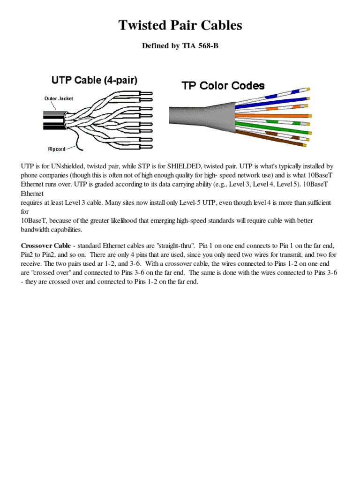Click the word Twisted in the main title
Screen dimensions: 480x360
pos(143,25)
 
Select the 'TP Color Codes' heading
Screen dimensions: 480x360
pos(223,86)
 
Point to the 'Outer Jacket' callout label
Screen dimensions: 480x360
pos(59,98)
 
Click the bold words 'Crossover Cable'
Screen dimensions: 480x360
pos(45,246)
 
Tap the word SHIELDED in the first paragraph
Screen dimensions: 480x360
pos(175,166)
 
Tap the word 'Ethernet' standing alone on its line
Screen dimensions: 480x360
pos(32,193)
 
